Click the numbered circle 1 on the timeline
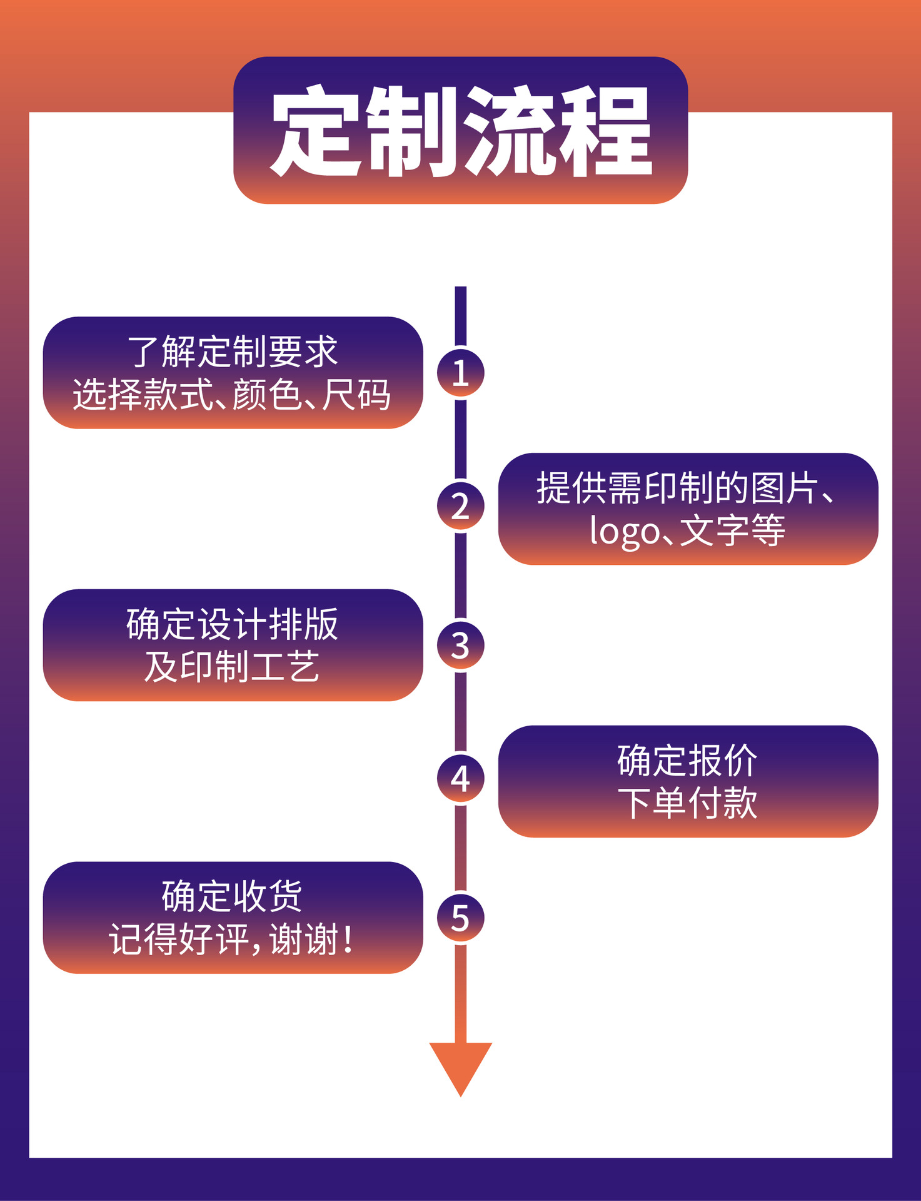460,373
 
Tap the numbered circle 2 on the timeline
460,506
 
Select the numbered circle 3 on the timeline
460,645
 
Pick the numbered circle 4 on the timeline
460,778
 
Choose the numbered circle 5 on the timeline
460,918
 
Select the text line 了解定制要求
233,352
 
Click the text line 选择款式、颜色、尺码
232,395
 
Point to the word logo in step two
625,532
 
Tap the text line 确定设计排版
233,624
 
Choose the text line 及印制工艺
232,667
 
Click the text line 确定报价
687,761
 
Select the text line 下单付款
687,803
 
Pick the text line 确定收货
233,896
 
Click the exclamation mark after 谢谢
348,940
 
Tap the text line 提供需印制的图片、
686,488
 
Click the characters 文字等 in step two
732,531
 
